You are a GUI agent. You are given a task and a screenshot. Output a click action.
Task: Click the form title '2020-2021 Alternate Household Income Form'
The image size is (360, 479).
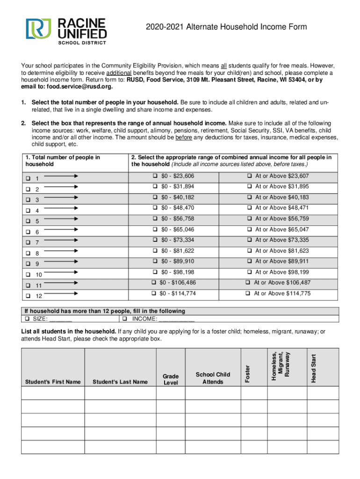click(225, 27)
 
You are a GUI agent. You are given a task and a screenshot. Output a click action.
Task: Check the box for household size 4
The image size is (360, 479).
click(29, 210)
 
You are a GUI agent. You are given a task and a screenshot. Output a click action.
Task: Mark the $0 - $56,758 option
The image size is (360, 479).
click(155, 219)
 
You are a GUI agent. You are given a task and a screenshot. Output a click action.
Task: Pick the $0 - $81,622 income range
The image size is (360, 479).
click(155, 251)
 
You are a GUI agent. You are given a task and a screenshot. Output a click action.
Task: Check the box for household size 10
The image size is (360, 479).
click(29, 275)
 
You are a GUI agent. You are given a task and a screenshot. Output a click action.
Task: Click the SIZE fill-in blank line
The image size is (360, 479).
click(60, 319)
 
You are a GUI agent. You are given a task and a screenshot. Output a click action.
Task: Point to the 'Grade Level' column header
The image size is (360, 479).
click(171, 379)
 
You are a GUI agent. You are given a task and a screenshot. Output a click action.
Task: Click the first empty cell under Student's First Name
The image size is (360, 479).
click(53, 393)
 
